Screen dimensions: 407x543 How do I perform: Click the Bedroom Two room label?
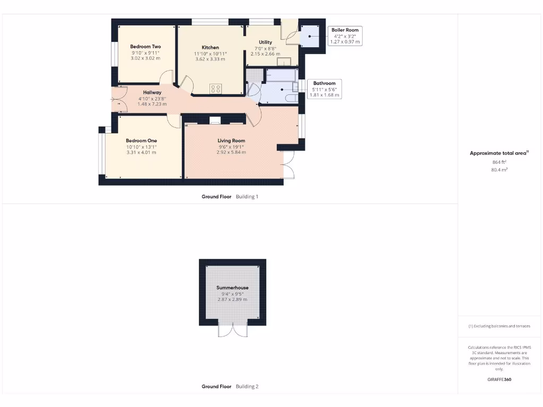145,47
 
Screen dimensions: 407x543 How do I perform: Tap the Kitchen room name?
211,48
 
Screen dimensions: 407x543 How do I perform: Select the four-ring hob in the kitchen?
216,89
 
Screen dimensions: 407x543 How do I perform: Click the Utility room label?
265,42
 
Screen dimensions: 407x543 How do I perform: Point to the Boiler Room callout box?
345,36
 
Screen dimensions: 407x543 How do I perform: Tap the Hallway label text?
152,92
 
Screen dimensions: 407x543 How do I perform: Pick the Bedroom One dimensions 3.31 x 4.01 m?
142,153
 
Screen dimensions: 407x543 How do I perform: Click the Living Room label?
231,140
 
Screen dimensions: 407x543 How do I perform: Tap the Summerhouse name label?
232,288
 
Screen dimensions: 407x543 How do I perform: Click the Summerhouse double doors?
233,330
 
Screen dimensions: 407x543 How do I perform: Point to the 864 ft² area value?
499,162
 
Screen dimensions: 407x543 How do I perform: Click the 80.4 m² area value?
499,170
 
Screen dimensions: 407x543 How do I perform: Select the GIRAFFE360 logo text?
499,379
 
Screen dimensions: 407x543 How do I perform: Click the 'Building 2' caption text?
247,386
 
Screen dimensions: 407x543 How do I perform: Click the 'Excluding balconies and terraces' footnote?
499,326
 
